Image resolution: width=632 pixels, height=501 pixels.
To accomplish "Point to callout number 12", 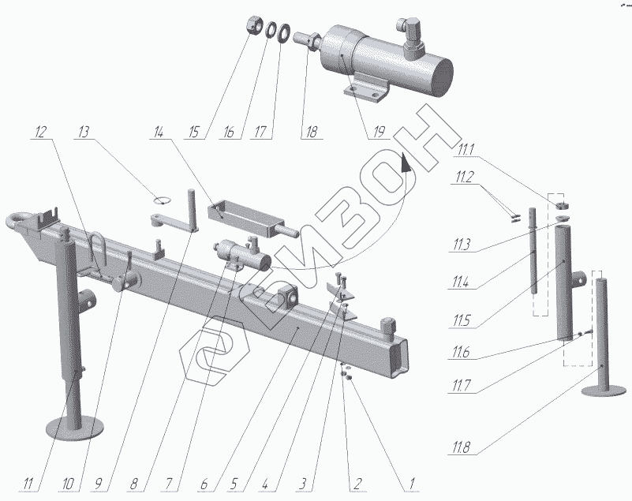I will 40,131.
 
